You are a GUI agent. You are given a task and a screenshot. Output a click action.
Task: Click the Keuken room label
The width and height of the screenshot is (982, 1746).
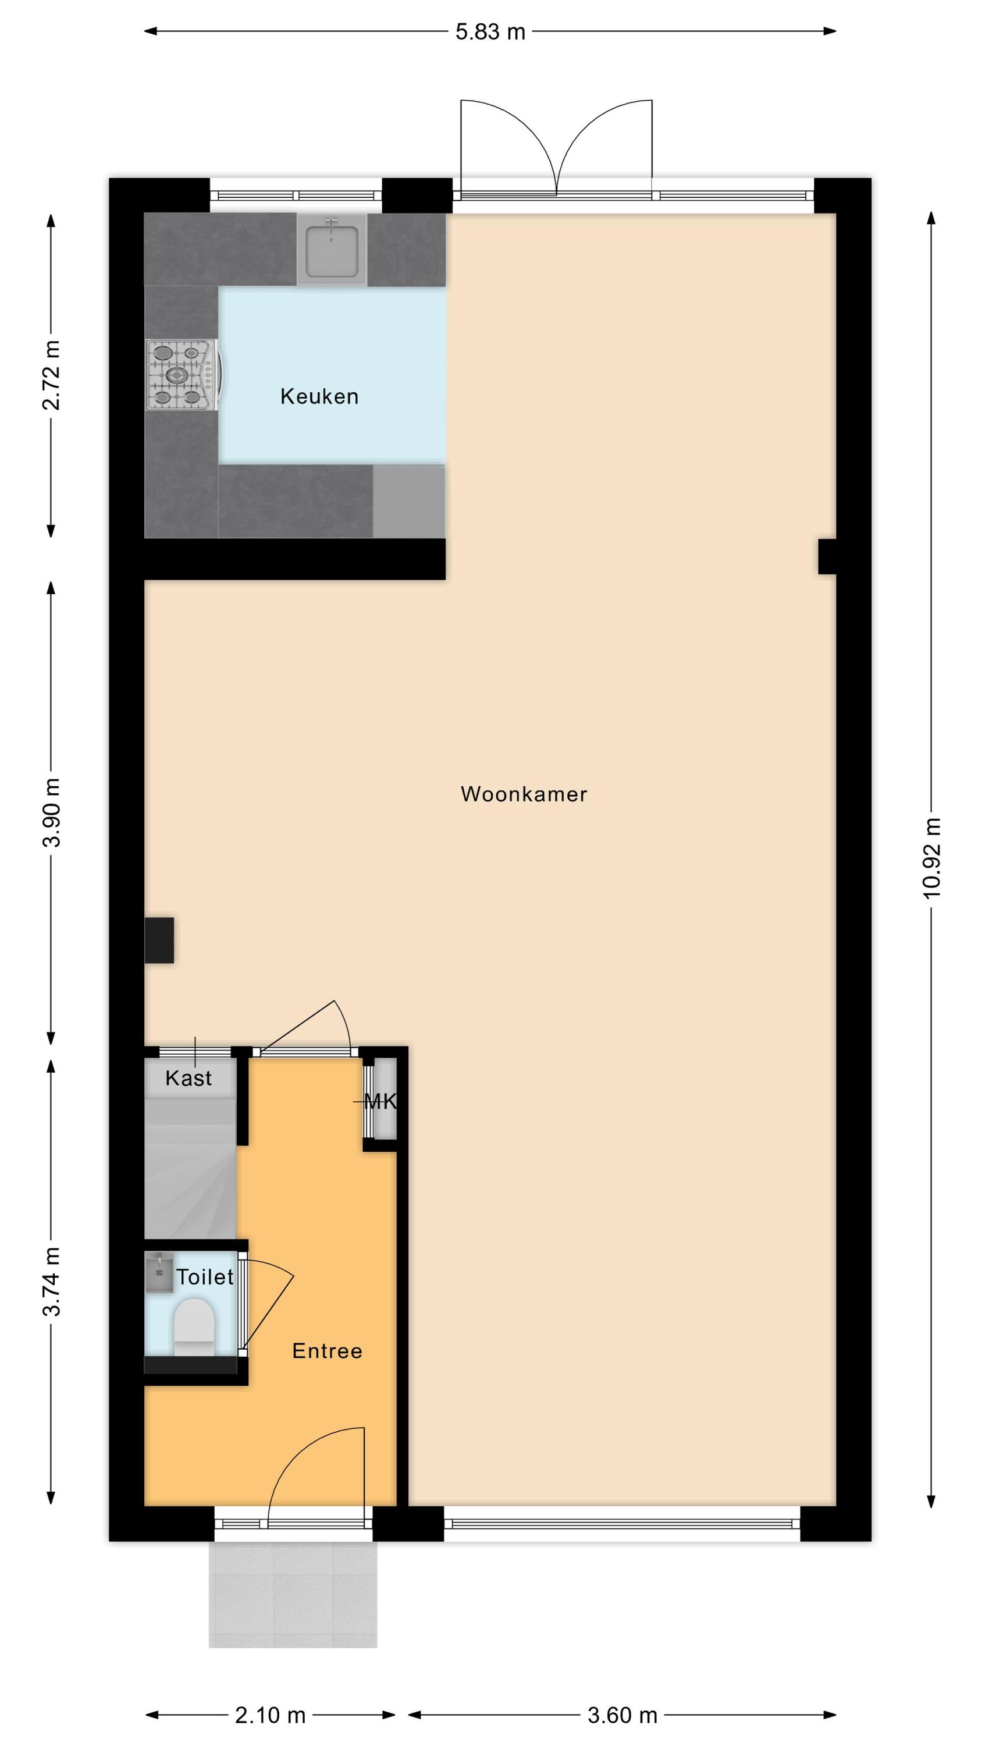coord(319,396)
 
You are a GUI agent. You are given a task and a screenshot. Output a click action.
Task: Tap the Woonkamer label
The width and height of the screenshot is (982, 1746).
coord(524,794)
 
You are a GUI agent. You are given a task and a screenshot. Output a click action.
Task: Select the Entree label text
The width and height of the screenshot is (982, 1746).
coord(328,1351)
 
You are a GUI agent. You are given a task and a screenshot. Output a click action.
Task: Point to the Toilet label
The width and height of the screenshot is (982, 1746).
coord(205,1277)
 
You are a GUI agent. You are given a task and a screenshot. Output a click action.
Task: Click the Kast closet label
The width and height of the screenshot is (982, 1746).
coord(188,1078)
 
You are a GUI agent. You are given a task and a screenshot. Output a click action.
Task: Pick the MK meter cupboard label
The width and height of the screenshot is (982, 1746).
coord(380,1101)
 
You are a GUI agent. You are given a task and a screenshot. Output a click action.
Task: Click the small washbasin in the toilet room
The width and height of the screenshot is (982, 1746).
coord(159,1273)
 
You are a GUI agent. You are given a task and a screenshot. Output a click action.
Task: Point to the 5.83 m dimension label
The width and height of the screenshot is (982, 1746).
coord(490,32)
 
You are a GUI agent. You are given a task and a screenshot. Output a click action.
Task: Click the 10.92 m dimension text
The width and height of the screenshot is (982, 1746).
coord(933,858)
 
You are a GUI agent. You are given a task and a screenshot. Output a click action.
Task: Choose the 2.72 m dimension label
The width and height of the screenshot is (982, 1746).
coord(52,375)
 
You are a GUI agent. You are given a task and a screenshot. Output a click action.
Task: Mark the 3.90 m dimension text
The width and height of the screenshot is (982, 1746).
coord(52,812)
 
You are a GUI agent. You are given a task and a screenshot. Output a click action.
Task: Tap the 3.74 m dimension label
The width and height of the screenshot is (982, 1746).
coord(52,1282)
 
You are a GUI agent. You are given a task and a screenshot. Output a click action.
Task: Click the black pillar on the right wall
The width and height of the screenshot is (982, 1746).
coord(827,556)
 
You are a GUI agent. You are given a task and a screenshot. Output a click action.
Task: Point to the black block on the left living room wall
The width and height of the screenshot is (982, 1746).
coord(159,940)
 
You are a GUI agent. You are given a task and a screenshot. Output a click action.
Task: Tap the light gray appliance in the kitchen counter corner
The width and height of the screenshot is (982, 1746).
coord(410,501)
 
